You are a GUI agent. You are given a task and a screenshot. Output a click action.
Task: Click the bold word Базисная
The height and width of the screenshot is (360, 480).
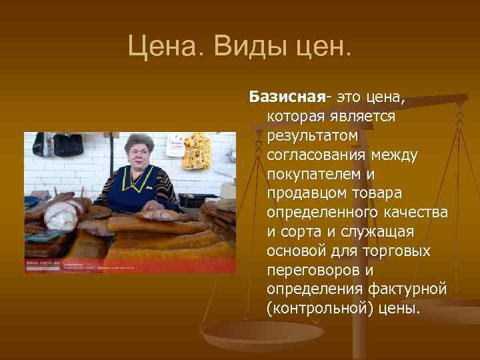[287, 97]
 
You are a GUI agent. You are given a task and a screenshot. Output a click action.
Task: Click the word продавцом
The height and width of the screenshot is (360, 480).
[302, 194]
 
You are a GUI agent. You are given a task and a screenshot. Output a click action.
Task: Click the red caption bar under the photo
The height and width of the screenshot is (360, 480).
[130, 266]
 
